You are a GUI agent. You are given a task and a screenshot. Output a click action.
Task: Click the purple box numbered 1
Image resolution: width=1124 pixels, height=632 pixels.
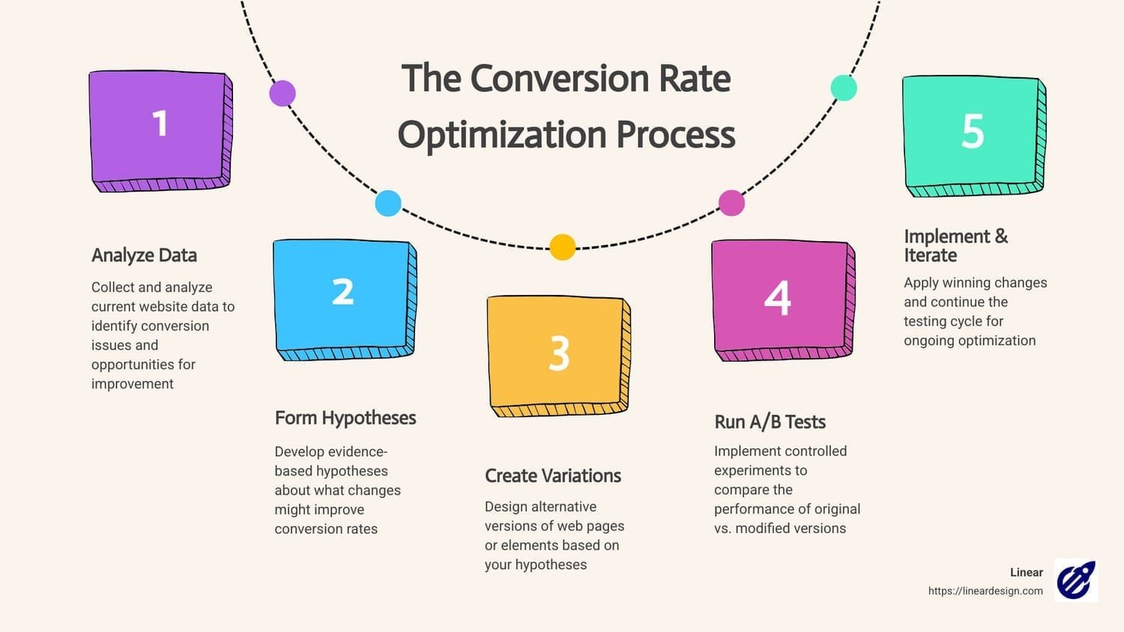pos(160,131)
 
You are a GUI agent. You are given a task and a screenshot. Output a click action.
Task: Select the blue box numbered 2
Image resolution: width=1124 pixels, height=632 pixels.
pos(345,300)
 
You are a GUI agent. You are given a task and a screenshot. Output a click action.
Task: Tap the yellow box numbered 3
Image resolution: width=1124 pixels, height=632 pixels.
pos(558,356)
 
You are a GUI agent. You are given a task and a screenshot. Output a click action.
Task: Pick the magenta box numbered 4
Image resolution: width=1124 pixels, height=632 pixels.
pos(783,300)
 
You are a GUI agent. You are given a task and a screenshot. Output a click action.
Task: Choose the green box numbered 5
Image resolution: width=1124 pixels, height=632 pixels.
pos(974,136)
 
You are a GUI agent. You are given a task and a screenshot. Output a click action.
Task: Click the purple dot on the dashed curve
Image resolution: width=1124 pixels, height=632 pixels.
pos(282,94)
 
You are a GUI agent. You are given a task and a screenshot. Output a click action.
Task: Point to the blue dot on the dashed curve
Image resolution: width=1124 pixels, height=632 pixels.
pos(388,203)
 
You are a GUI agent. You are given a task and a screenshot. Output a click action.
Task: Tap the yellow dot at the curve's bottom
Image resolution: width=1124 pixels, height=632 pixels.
pos(563,247)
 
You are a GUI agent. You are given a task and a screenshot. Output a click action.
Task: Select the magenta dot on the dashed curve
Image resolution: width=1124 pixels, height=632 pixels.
pos(731,203)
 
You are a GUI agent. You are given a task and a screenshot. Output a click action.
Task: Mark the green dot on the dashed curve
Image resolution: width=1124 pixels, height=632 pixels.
pos(844,88)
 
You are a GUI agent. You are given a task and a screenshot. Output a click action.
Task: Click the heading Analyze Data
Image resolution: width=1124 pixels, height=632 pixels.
pos(144,255)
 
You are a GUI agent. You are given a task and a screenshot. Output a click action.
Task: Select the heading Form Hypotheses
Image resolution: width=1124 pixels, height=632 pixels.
pos(345,418)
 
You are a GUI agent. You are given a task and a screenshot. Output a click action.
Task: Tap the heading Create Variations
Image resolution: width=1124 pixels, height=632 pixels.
pos(553,475)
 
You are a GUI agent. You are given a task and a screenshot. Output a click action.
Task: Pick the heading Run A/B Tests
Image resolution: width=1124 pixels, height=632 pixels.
pos(770,422)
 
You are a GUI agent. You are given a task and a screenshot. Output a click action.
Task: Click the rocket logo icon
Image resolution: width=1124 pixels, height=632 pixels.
pos(1076,580)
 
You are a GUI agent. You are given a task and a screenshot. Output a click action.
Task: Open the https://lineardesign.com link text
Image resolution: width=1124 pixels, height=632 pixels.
pos(985,591)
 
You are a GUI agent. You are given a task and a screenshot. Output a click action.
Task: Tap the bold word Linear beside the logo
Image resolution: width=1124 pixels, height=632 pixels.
pos(1027,572)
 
